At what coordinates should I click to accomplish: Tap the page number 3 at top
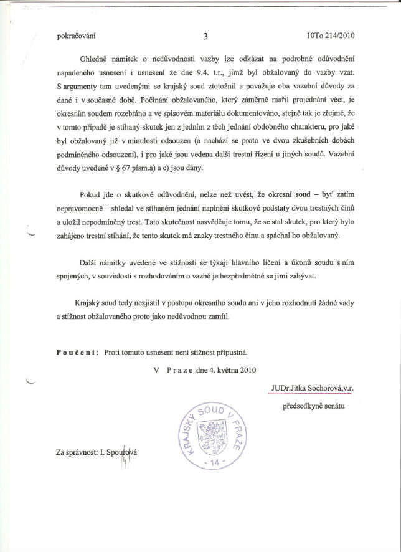[x=205, y=36]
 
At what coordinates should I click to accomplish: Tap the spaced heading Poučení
[x=75, y=352]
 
